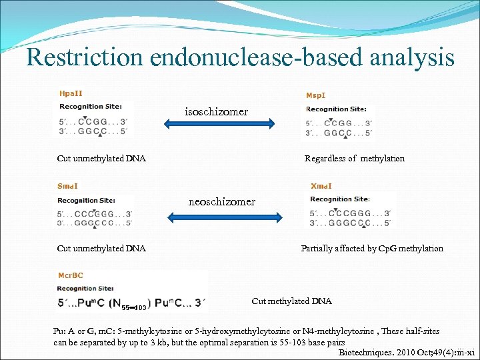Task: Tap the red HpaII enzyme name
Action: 71,94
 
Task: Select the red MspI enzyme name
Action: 316,95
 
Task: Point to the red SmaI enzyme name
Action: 68,187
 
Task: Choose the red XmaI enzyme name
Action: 321,187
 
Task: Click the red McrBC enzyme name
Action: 70,275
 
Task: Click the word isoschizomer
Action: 217,112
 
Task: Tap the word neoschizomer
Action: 222,201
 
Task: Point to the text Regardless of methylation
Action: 354,159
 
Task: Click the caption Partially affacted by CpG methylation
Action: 372,249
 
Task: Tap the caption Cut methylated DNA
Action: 291,301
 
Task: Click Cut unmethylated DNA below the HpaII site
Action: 101,159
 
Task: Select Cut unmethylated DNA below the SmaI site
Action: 101,249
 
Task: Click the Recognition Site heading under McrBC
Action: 86,289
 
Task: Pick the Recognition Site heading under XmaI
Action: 340,199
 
